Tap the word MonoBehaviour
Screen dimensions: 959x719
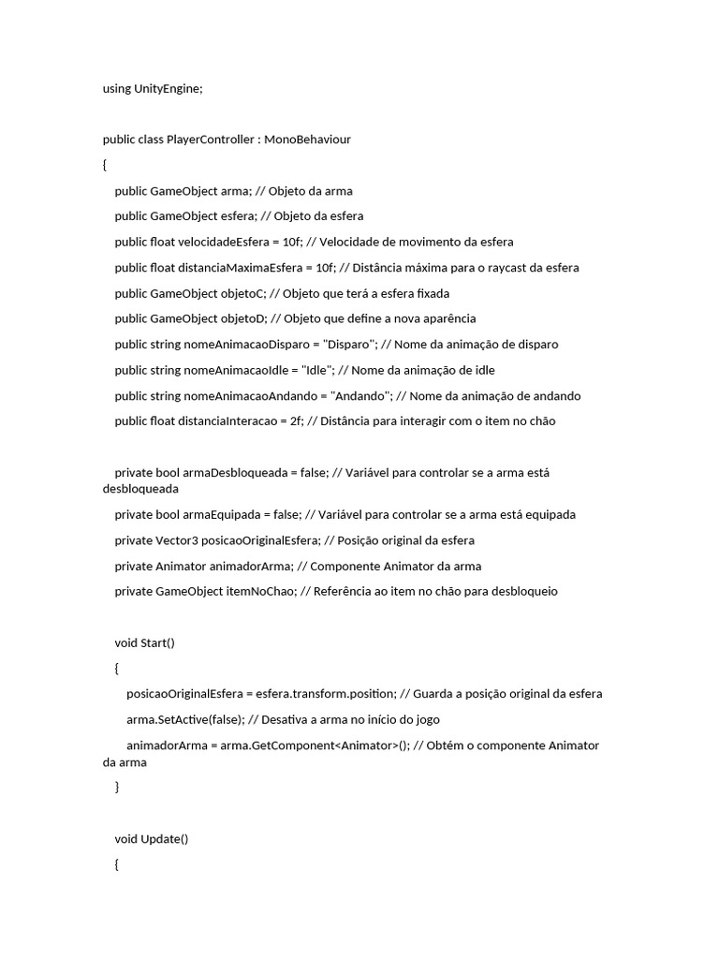(x=308, y=140)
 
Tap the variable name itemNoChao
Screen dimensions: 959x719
(x=258, y=592)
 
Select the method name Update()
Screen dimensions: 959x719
(x=164, y=839)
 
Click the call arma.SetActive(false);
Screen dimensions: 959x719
(x=185, y=719)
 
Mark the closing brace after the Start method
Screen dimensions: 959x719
(x=117, y=788)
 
